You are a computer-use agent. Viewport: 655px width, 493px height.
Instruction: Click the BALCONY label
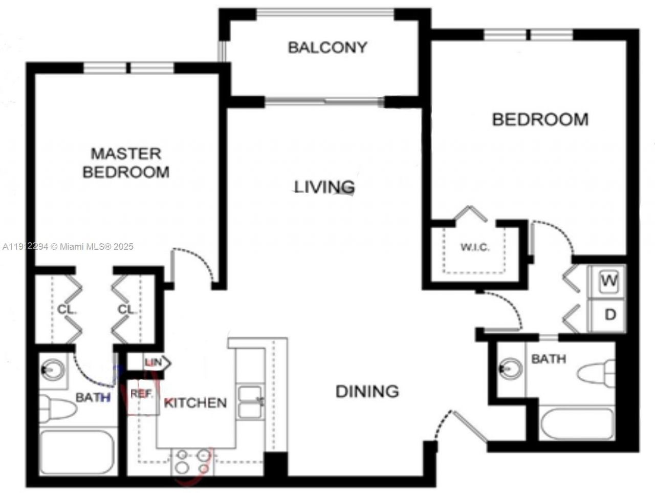click(x=327, y=48)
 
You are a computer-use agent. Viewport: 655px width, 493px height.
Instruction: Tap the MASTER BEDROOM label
click(x=126, y=162)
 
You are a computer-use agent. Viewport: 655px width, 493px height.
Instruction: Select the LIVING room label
click(x=324, y=187)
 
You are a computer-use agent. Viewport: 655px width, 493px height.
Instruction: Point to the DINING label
click(x=367, y=392)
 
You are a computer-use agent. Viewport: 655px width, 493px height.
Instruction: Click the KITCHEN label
click(x=195, y=403)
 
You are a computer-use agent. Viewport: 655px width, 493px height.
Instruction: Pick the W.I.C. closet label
click(x=475, y=247)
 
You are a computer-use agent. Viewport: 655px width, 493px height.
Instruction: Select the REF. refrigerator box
click(x=142, y=395)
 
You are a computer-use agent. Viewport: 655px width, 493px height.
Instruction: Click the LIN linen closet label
click(x=153, y=362)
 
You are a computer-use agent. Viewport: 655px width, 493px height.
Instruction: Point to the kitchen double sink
click(x=251, y=402)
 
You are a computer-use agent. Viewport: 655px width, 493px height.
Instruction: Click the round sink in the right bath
click(x=510, y=368)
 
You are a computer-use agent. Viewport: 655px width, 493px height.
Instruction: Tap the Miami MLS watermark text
click(x=68, y=247)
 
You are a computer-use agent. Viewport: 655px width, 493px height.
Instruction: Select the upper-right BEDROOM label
click(x=540, y=120)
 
